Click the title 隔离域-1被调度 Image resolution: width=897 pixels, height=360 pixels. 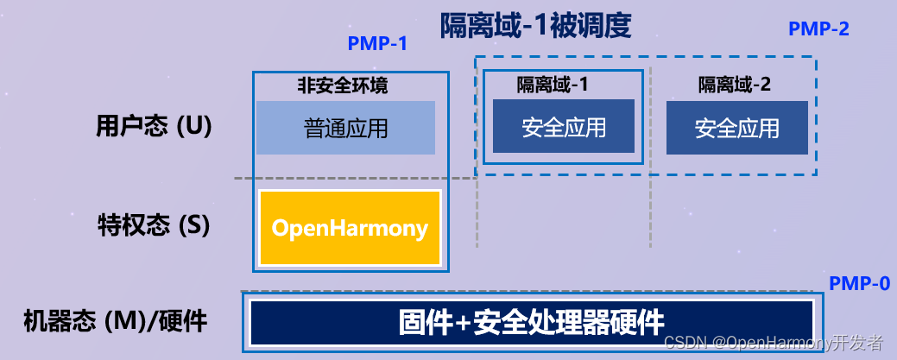click(536, 25)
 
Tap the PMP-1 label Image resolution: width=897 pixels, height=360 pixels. click(377, 43)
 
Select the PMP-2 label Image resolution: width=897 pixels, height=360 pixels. click(818, 28)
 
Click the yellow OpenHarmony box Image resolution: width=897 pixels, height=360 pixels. click(350, 228)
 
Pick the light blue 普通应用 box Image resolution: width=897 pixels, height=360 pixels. click(345, 128)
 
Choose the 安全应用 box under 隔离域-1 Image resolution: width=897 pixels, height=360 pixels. click(563, 127)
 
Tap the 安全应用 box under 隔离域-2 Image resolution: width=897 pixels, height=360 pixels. click(736, 127)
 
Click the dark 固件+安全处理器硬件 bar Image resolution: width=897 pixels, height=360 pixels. click(531, 323)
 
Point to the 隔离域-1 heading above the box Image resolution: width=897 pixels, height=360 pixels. click(553, 85)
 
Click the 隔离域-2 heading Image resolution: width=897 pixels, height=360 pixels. click(735, 85)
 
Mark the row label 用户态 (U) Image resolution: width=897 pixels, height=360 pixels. click(153, 126)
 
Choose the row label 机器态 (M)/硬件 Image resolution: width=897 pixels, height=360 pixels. click(115, 322)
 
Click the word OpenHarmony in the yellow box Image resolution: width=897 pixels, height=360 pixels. click(350, 228)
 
